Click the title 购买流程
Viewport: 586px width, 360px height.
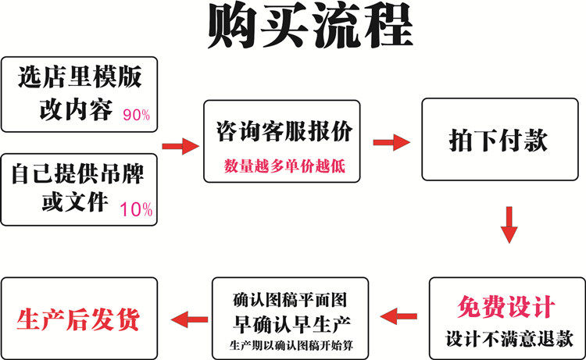click(309, 28)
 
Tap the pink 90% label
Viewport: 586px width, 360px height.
click(136, 116)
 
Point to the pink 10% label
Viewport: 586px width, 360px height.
click(136, 209)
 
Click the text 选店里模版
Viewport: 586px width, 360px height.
click(79, 78)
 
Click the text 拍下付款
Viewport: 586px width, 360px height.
click(498, 141)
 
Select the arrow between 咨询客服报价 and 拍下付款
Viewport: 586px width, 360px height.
click(391, 141)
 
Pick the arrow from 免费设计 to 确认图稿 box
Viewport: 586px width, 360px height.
click(399, 316)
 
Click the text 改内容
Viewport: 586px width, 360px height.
click(75, 110)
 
